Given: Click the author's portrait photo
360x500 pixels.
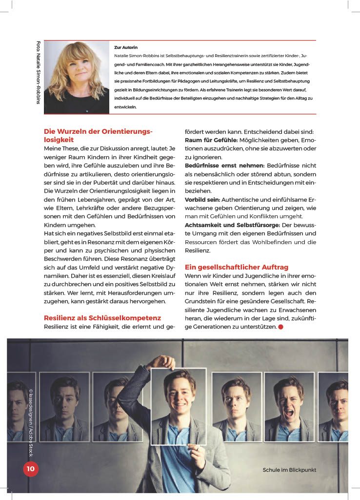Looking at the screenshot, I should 77,77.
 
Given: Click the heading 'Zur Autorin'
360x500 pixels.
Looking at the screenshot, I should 126,47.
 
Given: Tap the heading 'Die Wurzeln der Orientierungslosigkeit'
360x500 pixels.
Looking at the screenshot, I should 98,135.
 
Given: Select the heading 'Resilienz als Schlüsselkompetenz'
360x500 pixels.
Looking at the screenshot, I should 102,318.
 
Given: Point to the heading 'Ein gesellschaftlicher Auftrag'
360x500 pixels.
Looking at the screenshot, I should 237,267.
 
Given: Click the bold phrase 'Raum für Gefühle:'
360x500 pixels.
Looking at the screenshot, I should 211,140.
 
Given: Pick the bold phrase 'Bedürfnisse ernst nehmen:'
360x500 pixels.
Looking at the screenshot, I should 225,166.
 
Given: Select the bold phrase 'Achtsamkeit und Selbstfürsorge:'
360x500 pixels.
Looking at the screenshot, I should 232,225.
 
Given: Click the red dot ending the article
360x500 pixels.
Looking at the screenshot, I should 280,326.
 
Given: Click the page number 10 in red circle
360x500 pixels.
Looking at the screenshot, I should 30,469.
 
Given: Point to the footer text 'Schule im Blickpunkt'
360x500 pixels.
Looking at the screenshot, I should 289,470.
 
